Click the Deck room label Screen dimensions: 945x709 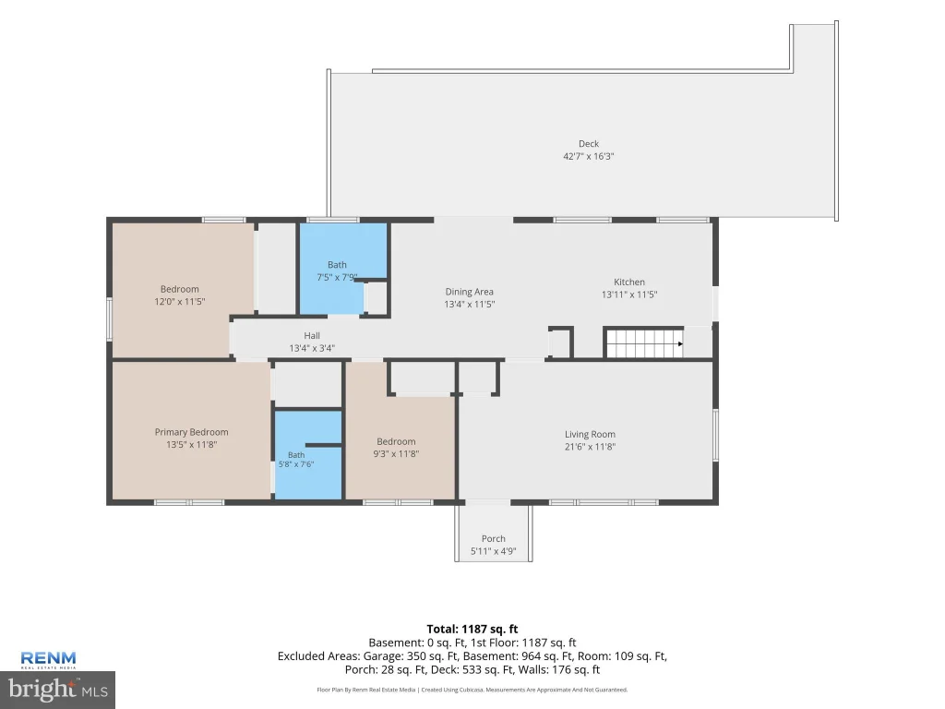click(x=588, y=143)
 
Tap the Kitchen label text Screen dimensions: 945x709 click(x=629, y=282)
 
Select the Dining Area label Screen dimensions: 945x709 click(x=469, y=292)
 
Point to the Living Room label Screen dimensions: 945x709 click(x=590, y=434)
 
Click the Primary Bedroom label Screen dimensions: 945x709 click(x=191, y=432)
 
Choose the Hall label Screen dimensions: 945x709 click(x=312, y=336)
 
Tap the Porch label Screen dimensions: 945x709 click(x=493, y=538)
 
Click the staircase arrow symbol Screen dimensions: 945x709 click(x=680, y=343)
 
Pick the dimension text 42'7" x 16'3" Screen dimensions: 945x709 click(x=588, y=156)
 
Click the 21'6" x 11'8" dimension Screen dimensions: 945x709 click(x=590, y=447)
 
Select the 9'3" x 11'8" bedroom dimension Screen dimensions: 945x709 click(x=395, y=454)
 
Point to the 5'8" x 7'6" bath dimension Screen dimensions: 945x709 click(x=296, y=464)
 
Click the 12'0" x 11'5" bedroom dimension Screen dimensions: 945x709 click(x=180, y=302)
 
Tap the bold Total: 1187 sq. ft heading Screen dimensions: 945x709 click(x=472, y=629)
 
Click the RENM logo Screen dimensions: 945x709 click(x=48, y=659)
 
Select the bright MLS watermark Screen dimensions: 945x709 click(x=58, y=690)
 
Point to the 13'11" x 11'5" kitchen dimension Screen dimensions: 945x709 click(x=629, y=294)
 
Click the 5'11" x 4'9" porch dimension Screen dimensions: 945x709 click(x=493, y=551)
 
